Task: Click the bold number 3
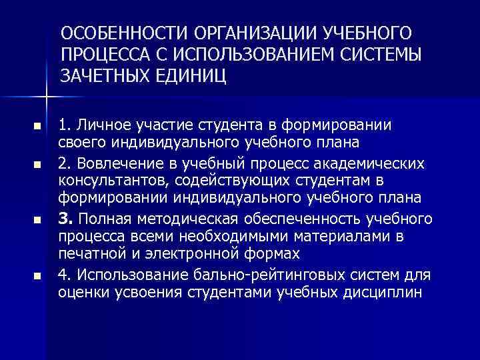tap(65, 219)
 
